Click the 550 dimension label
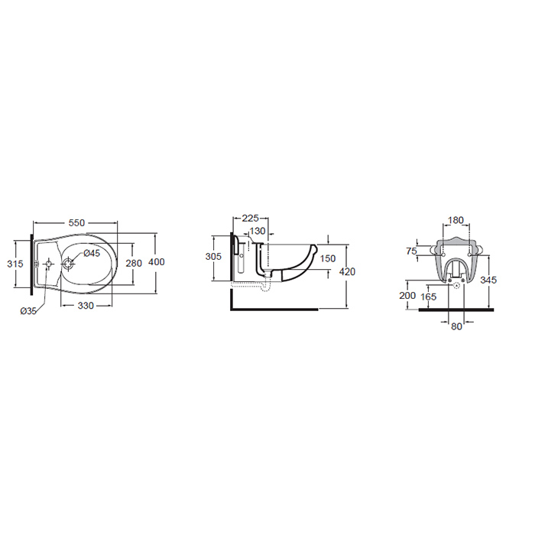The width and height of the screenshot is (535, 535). [76, 223]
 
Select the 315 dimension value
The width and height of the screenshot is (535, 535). [15, 264]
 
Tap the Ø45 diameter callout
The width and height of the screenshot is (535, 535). [92, 253]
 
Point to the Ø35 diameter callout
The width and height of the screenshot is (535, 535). [28, 311]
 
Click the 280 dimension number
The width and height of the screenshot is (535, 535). [134, 263]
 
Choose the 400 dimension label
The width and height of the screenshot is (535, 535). [157, 261]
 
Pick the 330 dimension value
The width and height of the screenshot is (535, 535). [86, 306]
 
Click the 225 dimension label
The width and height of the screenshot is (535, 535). [250, 218]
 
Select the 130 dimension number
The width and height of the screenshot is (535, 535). [258, 231]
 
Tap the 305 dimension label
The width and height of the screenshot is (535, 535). [213, 256]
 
